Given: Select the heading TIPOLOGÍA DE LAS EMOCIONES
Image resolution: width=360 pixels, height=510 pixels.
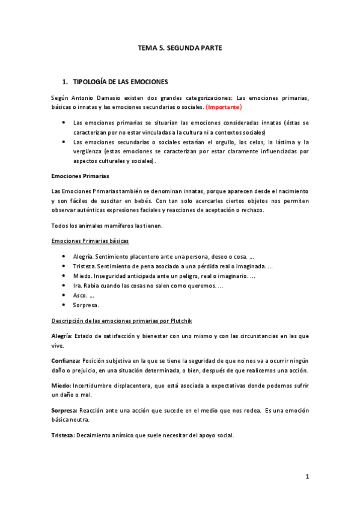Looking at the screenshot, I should [x=120, y=81].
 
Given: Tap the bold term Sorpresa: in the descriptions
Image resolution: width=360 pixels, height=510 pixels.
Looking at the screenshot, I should [x=65, y=410].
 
